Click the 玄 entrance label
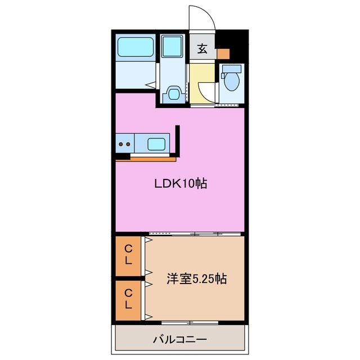click(202, 49)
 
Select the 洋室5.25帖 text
click(197, 278)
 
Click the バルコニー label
click(180, 340)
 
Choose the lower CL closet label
click(129, 299)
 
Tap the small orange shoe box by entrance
click(223, 54)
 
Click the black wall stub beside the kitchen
click(178, 141)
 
